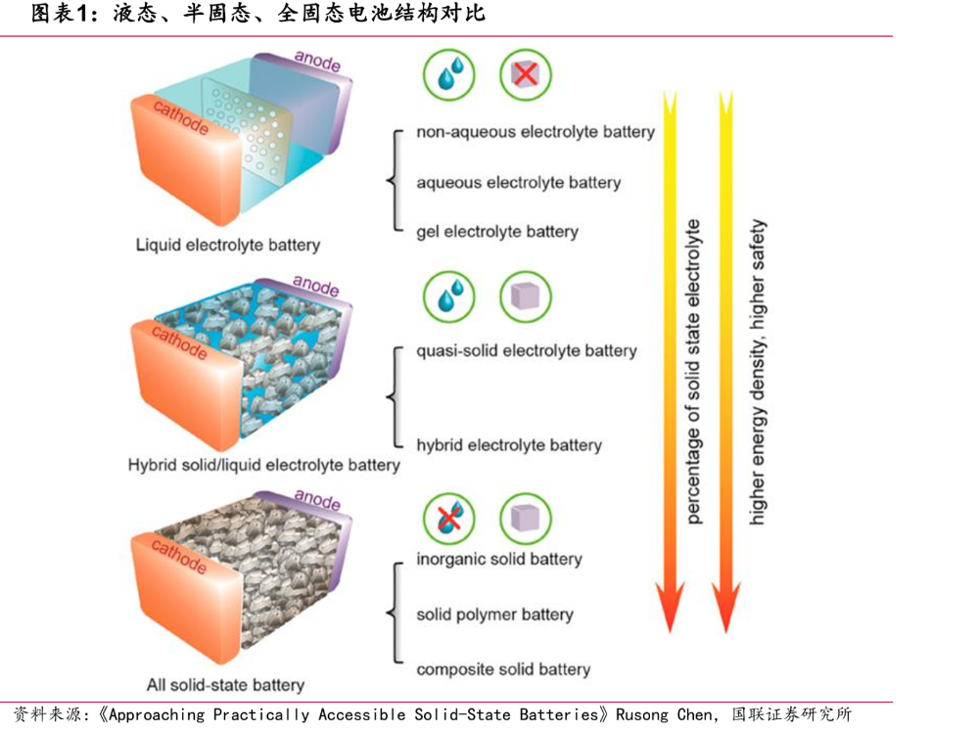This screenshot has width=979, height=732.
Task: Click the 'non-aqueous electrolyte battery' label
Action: pyautogui.click(x=536, y=132)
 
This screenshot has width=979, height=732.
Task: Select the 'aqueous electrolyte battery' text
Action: pyautogui.click(x=519, y=183)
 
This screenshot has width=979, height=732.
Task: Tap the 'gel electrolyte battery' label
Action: pyautogui.click(x=497, y=232)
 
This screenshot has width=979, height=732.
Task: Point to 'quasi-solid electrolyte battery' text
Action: pyautogui.click(x=527, y=350)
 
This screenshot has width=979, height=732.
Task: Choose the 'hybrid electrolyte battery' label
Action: pyautogui.click(x=509, y=445)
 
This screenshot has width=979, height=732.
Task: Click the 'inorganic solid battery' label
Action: pyautogui.click(x=499, y=559)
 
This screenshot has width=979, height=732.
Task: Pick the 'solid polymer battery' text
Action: pyautogui.click(x=494, y=615)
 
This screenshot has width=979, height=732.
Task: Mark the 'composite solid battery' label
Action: pyautogui.click(x=503, y=669)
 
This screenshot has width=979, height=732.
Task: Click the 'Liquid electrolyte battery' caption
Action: pyautogui.click(x=228, y=246)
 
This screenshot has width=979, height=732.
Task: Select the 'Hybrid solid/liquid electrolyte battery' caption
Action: pyautogui.click(x=263, y=466)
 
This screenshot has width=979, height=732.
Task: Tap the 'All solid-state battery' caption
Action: pyautogui.click(x=225, y=685)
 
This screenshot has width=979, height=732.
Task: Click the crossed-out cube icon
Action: pyautogui.click(x=526, y=75)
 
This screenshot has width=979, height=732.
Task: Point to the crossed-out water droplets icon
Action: pyautogui.click(x=449, y=519)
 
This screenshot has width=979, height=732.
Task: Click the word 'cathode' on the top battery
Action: pyautogui.click(x=181, y=116)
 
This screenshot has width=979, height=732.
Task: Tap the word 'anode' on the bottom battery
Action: pyautogui.click(x=317, y=500)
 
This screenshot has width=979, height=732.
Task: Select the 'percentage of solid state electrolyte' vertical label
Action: pyautogui.click(x=693, y=372)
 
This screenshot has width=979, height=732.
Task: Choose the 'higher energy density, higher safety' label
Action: pyautogui.click(x=756, y=372)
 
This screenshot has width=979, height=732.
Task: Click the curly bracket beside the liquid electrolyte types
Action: pyautogui.click(x=395, y=181)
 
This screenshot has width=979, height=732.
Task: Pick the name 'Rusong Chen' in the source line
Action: pyautogui.click(x=663, y=714)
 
